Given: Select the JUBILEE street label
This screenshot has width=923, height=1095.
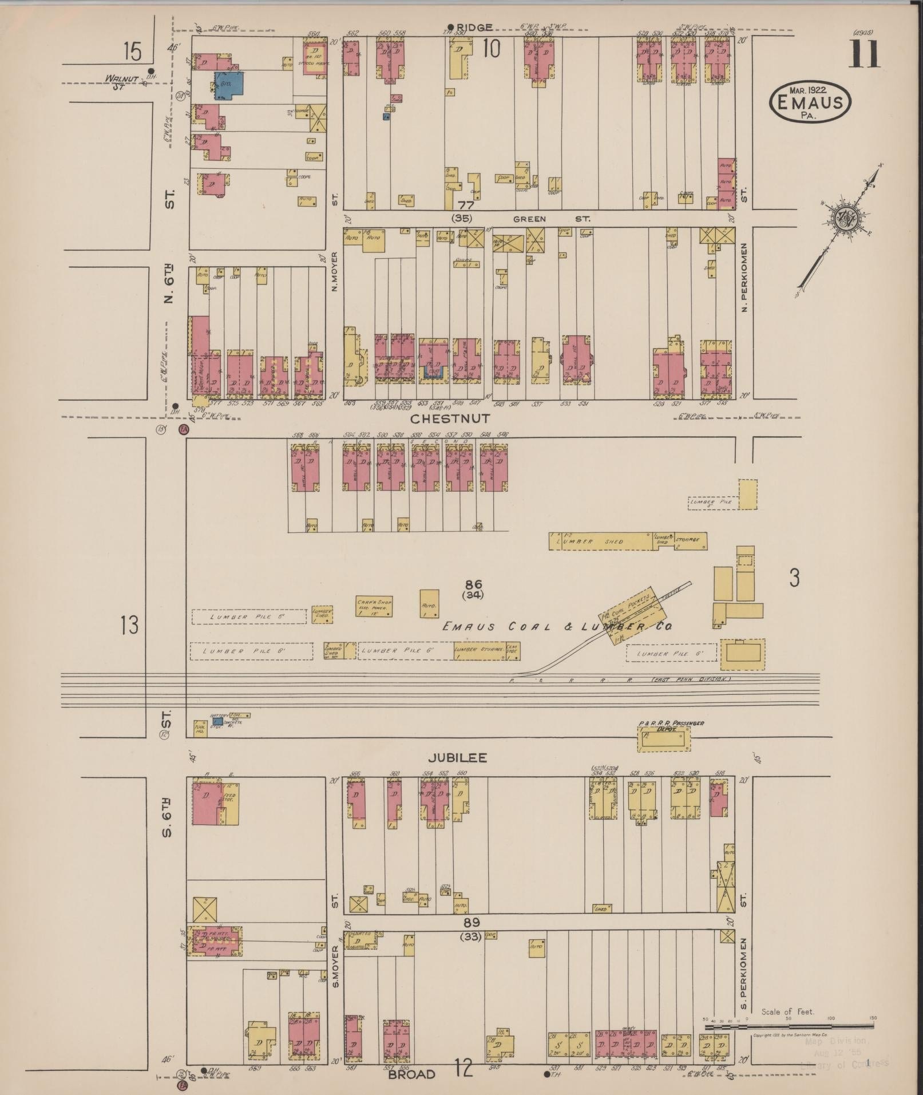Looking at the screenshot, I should point(457,757).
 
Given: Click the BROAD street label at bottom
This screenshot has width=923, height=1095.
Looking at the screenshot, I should point(411,1074).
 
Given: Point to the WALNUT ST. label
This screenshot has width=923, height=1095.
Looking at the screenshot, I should point(121,80).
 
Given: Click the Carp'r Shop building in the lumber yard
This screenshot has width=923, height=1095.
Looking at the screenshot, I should point(374,605).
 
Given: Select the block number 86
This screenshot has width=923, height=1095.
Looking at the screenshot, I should point(473,584).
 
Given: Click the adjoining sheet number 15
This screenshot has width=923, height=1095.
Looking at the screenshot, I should point(131,52).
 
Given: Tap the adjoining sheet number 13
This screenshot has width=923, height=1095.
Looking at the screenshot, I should point(129,624).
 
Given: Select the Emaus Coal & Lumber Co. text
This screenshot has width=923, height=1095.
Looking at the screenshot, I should point(556,627).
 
